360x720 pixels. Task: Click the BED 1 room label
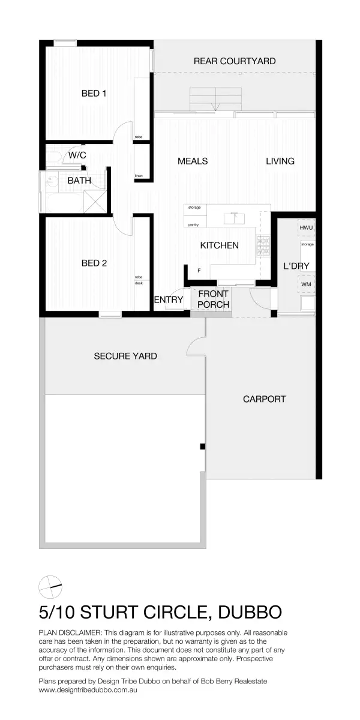point(94,94)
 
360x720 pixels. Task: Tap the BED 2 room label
point(94,263)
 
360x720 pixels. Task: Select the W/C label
point(77,155)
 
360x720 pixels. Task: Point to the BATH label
point(79,180)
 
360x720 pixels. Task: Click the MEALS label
point(193,161)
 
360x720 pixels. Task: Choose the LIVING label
point(280,161)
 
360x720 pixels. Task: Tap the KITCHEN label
point(219,245)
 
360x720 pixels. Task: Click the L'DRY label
point(296,266)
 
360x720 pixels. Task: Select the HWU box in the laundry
point(307,229)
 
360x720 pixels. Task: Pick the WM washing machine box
point(306,284)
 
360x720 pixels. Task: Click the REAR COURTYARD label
point(235,61)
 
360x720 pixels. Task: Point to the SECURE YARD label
point(125,356)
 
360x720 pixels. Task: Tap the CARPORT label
point(264,398)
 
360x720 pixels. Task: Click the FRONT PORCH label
point(213,299)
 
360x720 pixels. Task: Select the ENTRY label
point(169,300)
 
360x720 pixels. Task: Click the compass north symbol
point(50,586)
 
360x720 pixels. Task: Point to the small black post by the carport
point(203,446)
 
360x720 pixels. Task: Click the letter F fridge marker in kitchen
point(199,271)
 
